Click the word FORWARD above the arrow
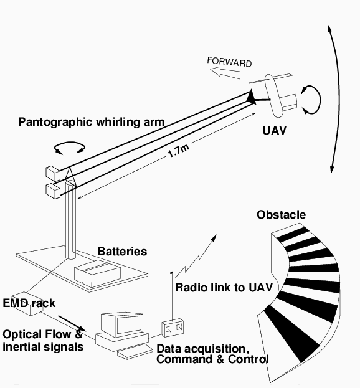229,62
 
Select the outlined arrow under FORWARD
225,73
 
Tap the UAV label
275,130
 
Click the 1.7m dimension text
179,151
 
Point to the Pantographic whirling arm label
92,122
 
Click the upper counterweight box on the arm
53,173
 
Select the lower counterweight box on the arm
53,191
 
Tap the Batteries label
122,252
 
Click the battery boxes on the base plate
98,273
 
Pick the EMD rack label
29,303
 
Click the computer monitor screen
130,326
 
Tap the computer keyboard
135,352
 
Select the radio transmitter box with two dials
173,328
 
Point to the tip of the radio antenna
172,272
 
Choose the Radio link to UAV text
224,288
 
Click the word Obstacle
282,214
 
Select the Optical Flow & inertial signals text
43,341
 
